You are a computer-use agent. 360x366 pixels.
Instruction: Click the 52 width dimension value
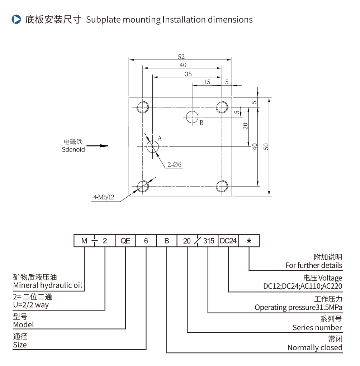pos(181,57)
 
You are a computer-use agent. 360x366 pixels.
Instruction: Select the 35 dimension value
pos(188,74)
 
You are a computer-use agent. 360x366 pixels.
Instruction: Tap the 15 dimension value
pos(207,82)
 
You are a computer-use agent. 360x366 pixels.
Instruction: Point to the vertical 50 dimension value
pos(266,146)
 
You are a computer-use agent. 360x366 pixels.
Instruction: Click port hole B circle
pos(193,116)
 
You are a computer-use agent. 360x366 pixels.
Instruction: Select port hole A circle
pos(153,146)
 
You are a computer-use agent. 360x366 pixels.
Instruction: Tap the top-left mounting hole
pos(143,107)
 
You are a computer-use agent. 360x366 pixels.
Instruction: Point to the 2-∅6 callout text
pos(175,165)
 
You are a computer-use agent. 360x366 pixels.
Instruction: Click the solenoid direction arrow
pos(97,146)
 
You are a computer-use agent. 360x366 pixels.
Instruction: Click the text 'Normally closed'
pos(315,347)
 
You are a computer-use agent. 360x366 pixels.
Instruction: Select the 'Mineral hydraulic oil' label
pos(48,285)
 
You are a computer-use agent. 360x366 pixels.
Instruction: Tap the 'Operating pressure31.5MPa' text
pos(298,307)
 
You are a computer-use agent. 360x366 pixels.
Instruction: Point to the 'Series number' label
pos(317,327)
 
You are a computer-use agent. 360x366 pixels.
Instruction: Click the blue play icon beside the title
pos(16,19)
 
